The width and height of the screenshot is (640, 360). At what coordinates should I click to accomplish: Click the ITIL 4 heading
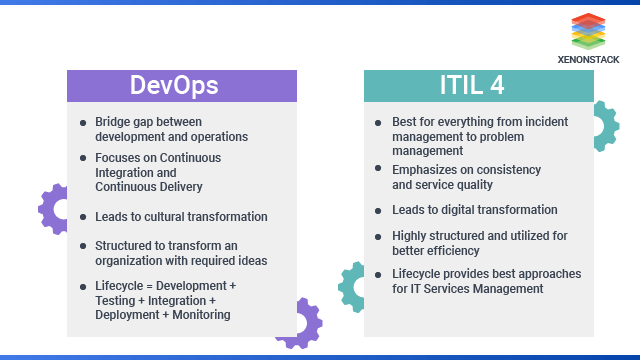pyautogui.click(x=478, y=85)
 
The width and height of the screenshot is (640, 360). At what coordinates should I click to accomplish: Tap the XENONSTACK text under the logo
pyautogui.click(x=589, y=59)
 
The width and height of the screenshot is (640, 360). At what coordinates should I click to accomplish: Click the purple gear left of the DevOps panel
pyautogui.click(x=52, y=208)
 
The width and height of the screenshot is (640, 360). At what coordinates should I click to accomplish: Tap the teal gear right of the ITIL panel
pyautogui.click(x=602, y=126)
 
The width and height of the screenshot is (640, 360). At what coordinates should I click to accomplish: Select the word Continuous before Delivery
pyautogui.click(x=125, y=186)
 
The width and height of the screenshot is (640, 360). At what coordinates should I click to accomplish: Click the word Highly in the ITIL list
pyautogui.click(x=410, y=235)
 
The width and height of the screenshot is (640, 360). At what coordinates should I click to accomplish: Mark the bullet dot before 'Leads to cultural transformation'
pyautogui.click(x=83, y=217)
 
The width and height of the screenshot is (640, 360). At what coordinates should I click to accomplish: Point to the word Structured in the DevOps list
pyautogui.click(x=124, y=245)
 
